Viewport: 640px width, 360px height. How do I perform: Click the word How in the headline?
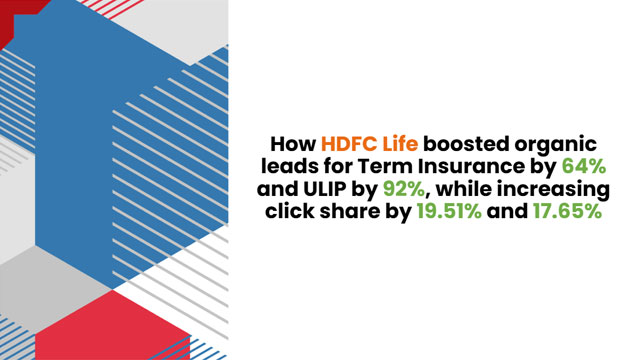pyautogui.click(x=293, y=144)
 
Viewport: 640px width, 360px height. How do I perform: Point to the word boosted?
pyautogui.click(x=466, y=144)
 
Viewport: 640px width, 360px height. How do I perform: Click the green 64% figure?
pyautogui.click(x=584, y=167)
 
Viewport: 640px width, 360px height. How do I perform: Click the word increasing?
pyautogui.click(x=551, y=191)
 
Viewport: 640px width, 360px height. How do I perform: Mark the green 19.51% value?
pyautogui.click(x=449, y=211)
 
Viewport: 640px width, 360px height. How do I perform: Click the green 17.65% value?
pyautogui.click(x=567, y=211)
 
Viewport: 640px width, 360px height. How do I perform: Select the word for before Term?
pyautogui.click(x=339, y=166)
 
